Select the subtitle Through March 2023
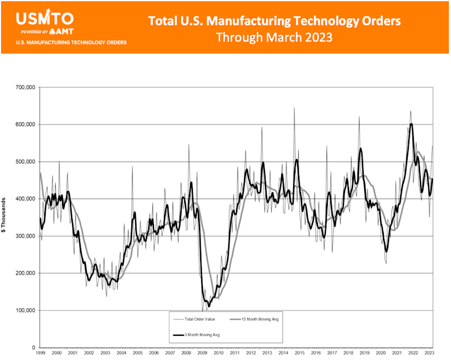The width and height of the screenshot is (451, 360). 275,38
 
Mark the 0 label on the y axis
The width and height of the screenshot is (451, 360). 34,348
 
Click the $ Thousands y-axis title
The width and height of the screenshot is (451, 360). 5,217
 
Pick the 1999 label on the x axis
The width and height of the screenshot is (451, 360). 41,352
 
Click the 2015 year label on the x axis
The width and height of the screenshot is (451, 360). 300,352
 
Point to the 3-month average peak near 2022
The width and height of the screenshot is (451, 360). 412,124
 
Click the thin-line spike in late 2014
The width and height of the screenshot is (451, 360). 294,108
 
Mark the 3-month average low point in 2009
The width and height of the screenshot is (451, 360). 208,306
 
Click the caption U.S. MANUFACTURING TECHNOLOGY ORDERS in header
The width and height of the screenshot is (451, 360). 71,42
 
